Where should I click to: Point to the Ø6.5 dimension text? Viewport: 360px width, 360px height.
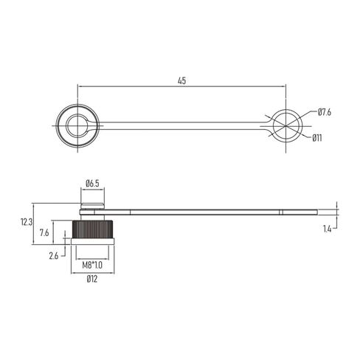tap(93, 182)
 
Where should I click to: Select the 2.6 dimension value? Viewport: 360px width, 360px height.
tap(52, 255)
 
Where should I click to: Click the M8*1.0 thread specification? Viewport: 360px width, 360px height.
tap(92, 265)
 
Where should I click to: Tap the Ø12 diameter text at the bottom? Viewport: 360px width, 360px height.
tap(92, 279)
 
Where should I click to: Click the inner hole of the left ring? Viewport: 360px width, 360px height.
tap(77, 125)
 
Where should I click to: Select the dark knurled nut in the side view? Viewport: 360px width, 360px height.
tap(92, 229)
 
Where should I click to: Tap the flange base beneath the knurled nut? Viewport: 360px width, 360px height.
tap(92, 244)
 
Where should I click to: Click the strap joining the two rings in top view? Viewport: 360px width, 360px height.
tap(181, 125)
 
